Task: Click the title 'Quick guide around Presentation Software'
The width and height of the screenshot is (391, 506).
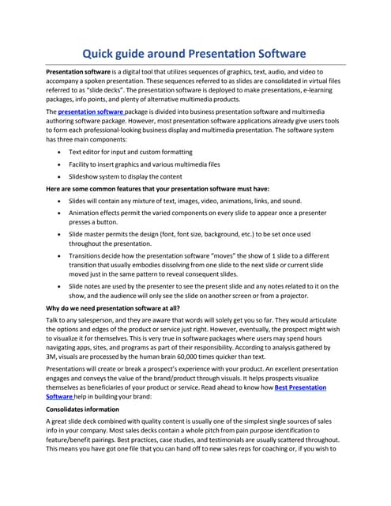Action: (195, 54)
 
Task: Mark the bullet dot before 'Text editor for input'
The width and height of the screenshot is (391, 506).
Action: (62, 150)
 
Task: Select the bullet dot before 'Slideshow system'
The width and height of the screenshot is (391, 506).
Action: (62, 176)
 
